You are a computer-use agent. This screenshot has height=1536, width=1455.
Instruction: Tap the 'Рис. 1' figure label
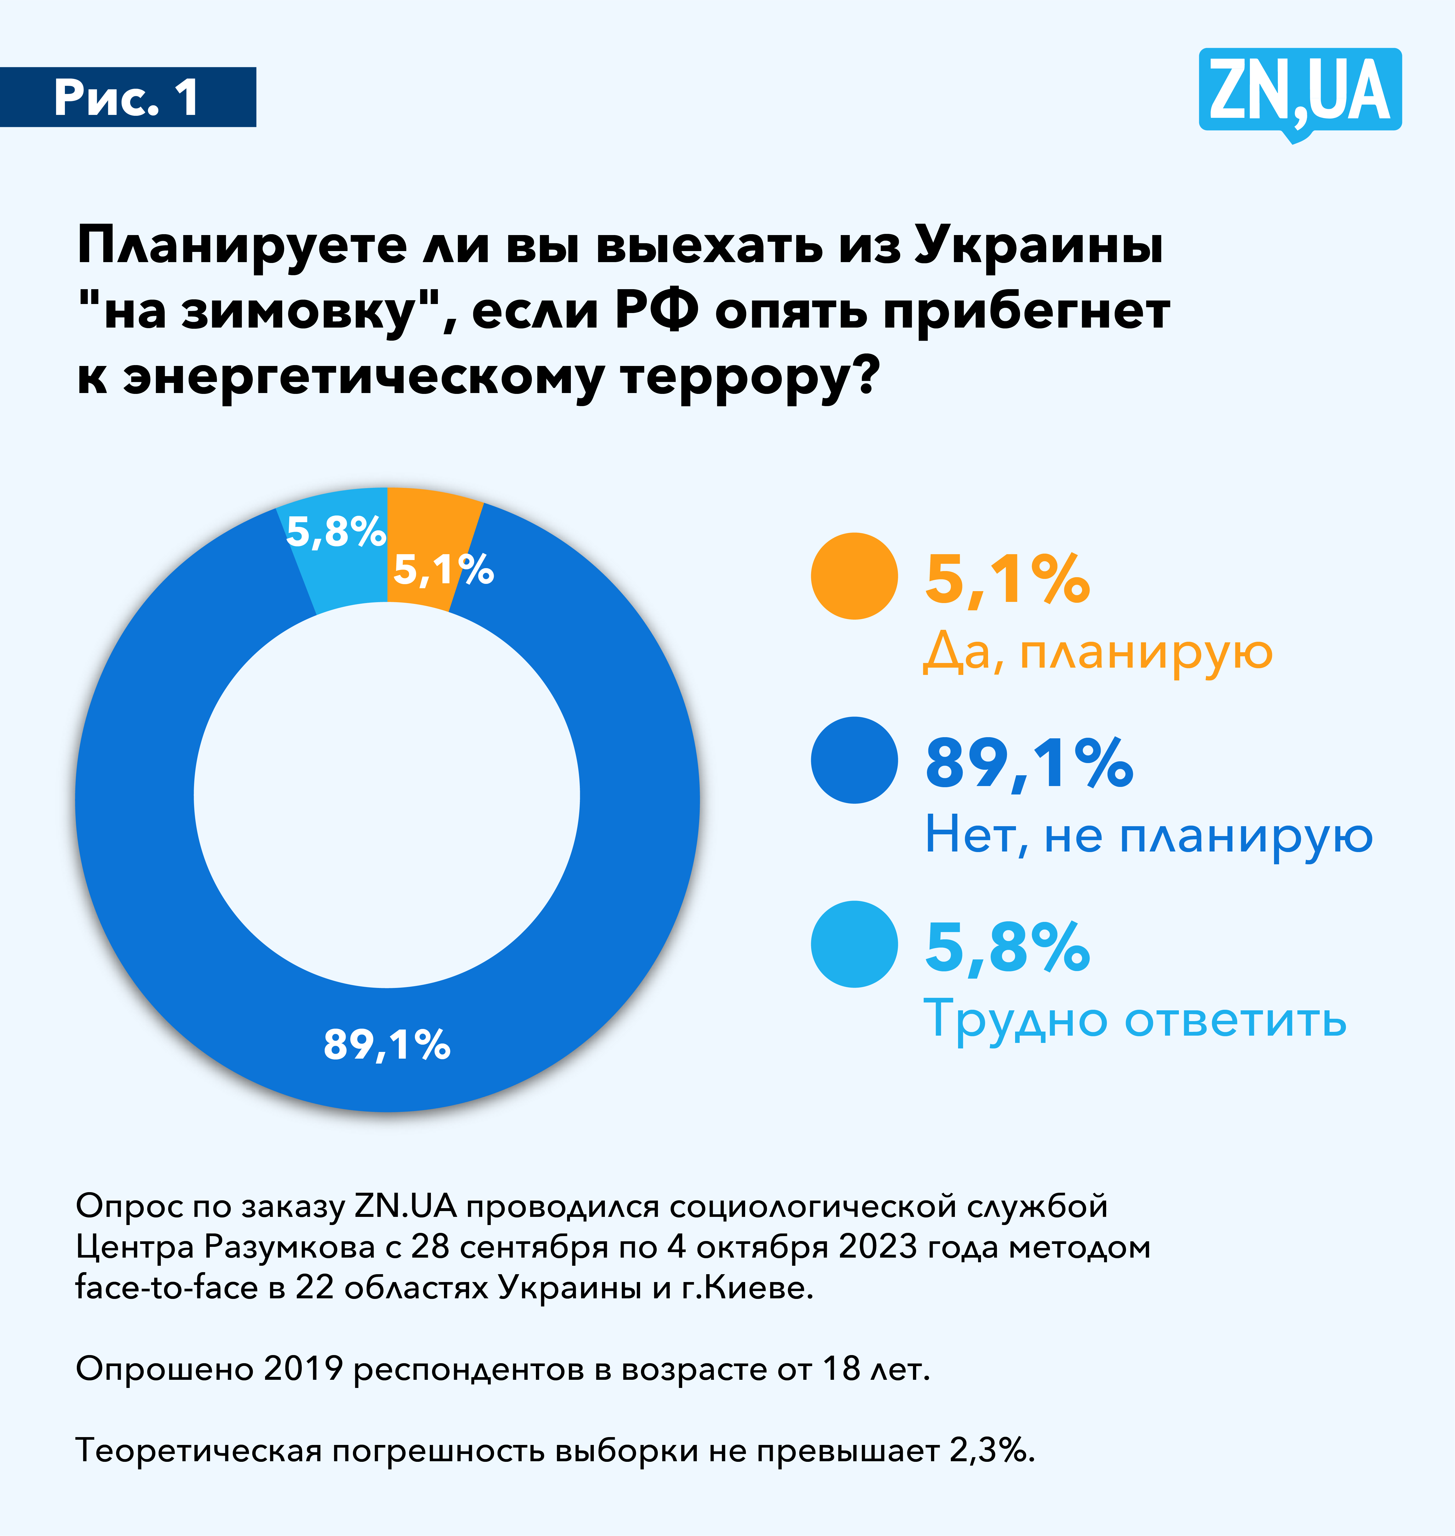pos(127,98)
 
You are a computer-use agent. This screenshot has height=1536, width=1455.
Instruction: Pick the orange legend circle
pos(854,576)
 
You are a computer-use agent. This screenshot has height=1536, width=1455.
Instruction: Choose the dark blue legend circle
pos(854,760)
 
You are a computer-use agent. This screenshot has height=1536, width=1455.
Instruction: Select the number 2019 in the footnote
pos(303,1368)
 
